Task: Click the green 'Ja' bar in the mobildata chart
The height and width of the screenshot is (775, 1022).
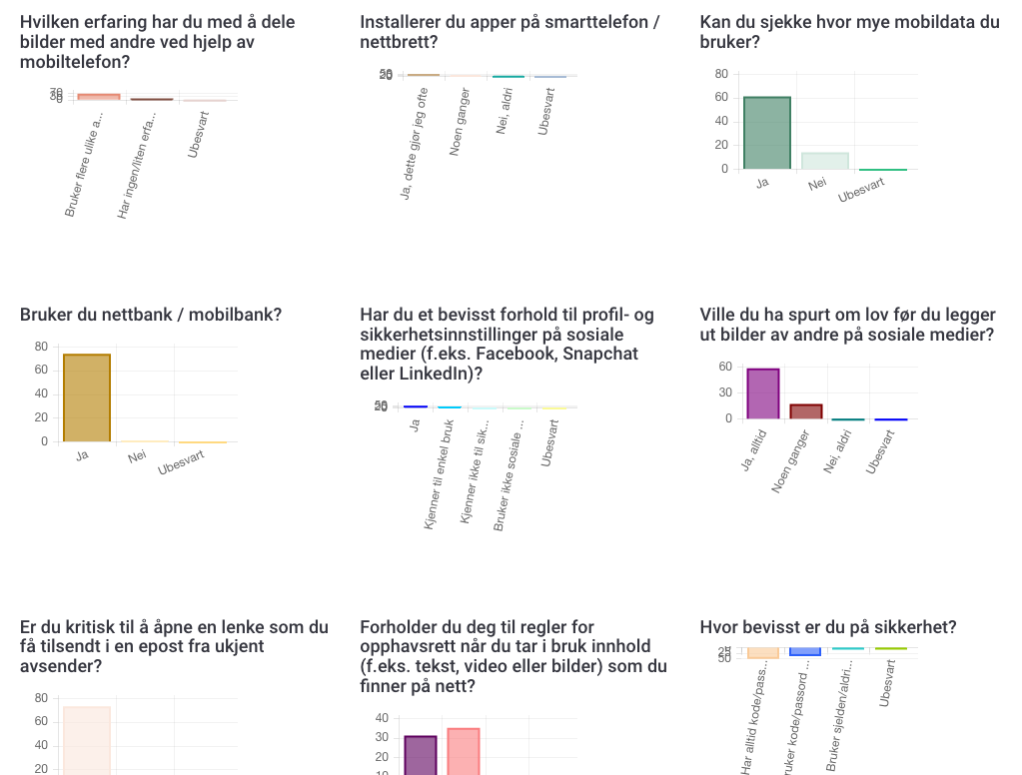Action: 767,133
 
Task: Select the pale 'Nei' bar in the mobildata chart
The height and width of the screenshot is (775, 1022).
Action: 824,161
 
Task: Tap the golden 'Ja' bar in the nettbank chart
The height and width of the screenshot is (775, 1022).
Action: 87,397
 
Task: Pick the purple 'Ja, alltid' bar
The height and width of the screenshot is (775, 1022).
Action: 763,393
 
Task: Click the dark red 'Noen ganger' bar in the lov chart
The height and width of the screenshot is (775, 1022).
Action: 806,411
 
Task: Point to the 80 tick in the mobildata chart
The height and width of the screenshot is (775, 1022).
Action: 721,74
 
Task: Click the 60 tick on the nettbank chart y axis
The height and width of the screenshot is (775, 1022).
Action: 41,370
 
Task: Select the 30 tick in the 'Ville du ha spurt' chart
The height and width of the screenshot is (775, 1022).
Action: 725,392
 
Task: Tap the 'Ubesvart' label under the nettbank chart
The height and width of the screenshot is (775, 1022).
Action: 182,462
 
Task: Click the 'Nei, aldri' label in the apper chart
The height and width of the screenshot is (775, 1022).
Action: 505,111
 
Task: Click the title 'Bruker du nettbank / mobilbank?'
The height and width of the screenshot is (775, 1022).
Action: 150,315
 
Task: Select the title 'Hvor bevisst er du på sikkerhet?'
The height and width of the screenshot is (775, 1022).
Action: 827,627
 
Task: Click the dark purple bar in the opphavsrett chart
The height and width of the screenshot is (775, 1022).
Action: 421,755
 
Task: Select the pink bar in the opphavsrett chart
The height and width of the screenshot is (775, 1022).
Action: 464,751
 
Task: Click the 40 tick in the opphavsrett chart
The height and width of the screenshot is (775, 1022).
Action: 382,718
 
